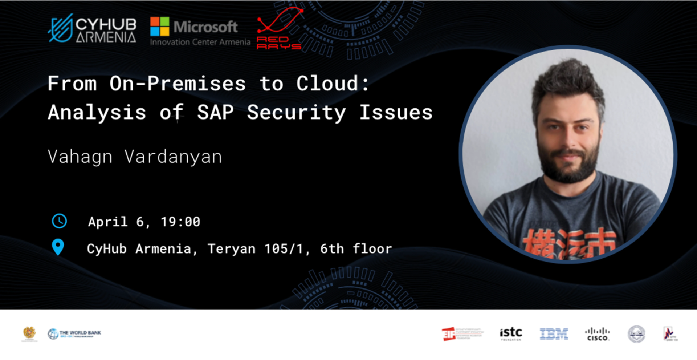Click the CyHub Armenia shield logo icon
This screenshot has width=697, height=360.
coord(60,28)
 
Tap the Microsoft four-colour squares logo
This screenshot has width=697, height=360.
coord(160,27)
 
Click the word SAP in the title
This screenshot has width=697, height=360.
coord(215,112)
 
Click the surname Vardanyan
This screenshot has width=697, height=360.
coord(173,157)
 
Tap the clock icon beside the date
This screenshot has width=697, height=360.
coord(59,221)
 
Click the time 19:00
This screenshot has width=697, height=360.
coord(180,222)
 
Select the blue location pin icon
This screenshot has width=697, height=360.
coord(58,247)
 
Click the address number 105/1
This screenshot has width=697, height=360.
coord(284,249)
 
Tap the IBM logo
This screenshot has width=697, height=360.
coord(554,334)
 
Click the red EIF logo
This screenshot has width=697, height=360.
coord(449,334)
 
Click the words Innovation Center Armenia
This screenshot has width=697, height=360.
coord(200,42)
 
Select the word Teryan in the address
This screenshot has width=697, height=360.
coord(231,249)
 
